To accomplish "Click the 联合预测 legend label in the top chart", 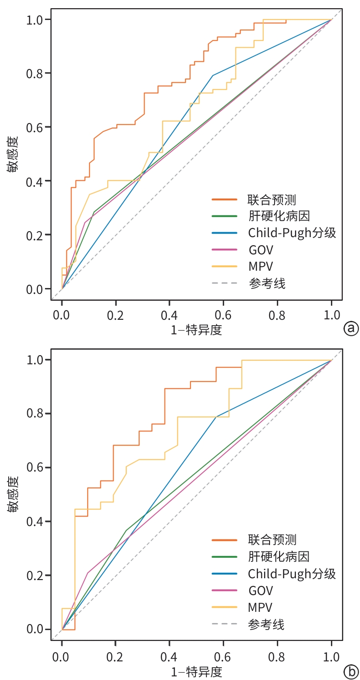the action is coord(272,200).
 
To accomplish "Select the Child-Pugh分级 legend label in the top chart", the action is coord(292,233).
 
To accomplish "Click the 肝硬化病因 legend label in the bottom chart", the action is coord(279,557).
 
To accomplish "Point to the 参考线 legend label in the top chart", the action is coord(267,283).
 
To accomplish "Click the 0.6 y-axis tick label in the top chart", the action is coord(35,127).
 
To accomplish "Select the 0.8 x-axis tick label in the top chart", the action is coord(277,315).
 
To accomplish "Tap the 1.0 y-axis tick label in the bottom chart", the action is coord(35,360).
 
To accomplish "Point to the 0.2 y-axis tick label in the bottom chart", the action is coord(35,576).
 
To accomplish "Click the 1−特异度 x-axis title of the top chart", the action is coord(196,330).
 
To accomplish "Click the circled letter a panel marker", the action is coord(351,329).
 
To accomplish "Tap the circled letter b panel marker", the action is coord(351,672).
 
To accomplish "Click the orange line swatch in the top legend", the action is coord(225,199).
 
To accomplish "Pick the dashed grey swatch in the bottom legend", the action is coord(225,624).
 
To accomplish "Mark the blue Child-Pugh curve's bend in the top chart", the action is coord(213,75).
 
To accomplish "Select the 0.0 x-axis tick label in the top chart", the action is coord(61,315).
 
